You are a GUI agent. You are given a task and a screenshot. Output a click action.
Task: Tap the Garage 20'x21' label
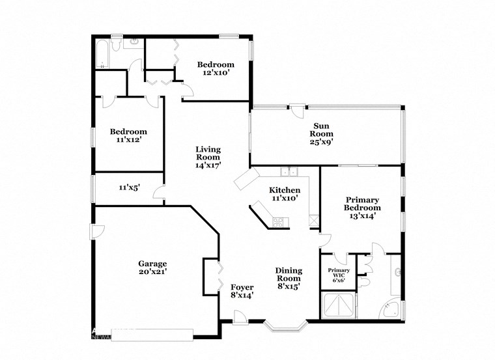click(x=152, y=268)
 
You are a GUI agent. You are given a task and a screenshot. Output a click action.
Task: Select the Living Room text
click(x=208, y=157)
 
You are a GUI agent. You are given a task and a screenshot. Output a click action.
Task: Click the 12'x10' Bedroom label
click(x=216, y=69)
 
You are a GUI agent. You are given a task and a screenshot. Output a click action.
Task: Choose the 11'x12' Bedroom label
click(x=128, y=135)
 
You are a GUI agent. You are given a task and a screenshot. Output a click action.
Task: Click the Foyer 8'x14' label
click(x=242, y=290)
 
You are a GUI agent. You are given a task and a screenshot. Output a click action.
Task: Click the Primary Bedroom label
click(x=363, y=208)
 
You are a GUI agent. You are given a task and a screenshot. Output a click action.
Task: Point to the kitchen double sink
click(x=288, y=172)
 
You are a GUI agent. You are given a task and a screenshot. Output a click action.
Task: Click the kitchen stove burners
click(x=279, y=221)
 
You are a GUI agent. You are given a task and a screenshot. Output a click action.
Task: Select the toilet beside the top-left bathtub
click(x=115, y=44)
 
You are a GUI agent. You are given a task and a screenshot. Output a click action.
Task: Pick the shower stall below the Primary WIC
click(x=339, y=305)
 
